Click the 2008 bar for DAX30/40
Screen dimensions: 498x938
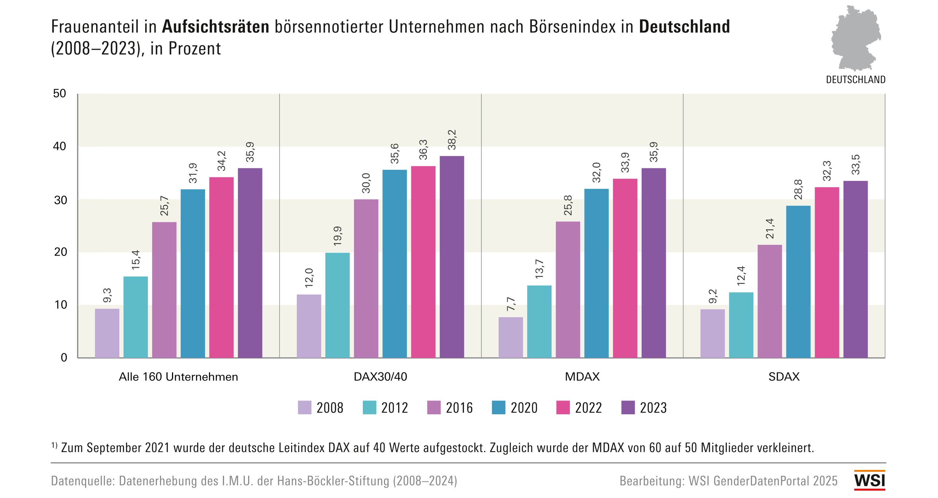(309, 326)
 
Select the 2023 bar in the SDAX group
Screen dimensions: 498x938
(855, 269)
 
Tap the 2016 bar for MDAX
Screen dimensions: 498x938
(568, 289)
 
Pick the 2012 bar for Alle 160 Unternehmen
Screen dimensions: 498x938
(135, 317)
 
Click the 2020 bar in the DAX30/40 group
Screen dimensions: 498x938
(394, 264)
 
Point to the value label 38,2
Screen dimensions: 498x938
(452, 140)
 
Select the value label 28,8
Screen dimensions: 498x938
(798, 190)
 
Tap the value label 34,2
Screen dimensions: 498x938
(221, 161)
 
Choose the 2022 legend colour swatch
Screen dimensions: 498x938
(563, 408)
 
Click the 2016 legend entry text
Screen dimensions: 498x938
(459, 408)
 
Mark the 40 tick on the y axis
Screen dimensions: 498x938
(60, 146)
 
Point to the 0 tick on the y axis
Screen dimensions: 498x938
(64, 357)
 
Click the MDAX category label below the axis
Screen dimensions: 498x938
(582, 377)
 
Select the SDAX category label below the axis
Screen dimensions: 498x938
(784, 377)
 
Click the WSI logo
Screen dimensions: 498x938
(870, 480)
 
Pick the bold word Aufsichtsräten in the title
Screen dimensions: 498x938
(216, 27)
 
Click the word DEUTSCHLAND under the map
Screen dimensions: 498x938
(855, 80)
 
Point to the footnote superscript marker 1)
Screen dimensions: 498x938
(54, 445)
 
